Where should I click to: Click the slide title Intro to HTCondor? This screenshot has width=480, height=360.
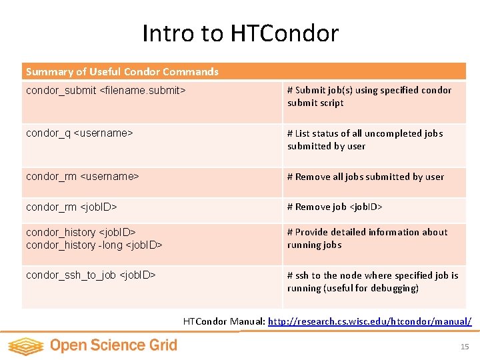pos(240,33)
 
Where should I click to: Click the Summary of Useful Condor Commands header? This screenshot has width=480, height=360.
pos(122,71)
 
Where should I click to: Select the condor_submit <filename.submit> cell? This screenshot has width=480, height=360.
pos(105,90)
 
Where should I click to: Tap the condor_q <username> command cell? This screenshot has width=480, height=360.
pos(79,133)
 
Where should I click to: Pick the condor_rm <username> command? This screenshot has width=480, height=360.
pos(82,177)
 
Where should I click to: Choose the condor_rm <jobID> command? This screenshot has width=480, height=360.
pos(71,207)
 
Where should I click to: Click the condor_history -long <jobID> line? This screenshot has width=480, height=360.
pos(94,245)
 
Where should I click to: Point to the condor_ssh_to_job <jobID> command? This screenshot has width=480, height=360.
pos(91,275)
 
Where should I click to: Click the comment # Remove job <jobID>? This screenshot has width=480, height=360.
pos(335,207)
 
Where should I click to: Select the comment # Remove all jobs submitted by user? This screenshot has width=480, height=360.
pos(365,177)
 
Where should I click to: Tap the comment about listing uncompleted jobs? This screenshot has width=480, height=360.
pos(365,139)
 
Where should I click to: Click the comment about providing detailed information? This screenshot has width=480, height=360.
pos(367,238)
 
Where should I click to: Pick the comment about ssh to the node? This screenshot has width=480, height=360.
pos(373,281)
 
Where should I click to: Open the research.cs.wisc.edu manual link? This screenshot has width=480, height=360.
pos(369,321)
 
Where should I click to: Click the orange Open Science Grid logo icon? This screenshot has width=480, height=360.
pos(25,346)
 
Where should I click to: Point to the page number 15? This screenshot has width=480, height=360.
pos(465,347)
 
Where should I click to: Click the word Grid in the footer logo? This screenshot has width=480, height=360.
pos(163,345)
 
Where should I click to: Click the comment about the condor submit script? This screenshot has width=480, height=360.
pos(369,96)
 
